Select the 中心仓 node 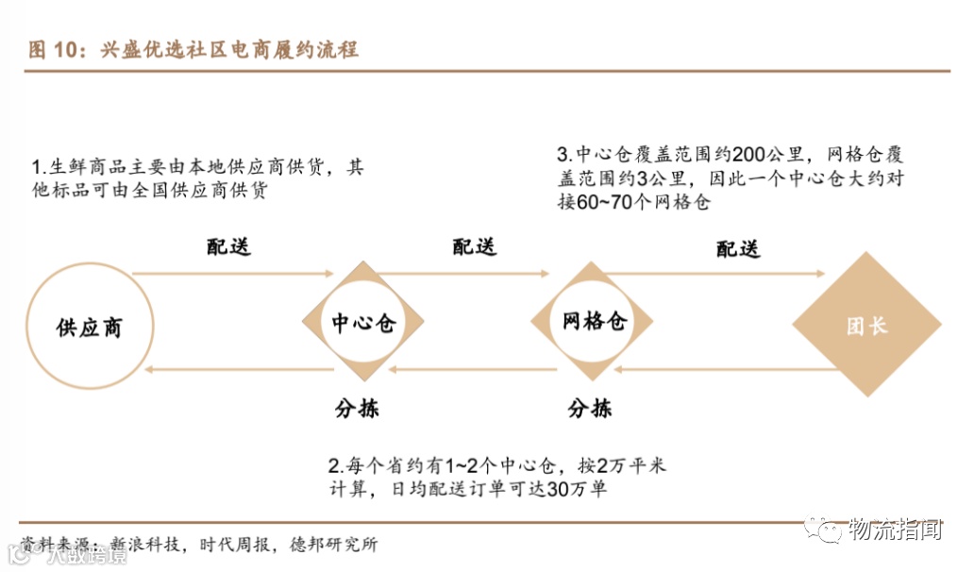point(363,324)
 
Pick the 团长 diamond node point(865,327)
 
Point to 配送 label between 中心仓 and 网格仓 point(475,247)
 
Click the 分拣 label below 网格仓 point(590,409)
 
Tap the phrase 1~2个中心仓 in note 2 point(498,466)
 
